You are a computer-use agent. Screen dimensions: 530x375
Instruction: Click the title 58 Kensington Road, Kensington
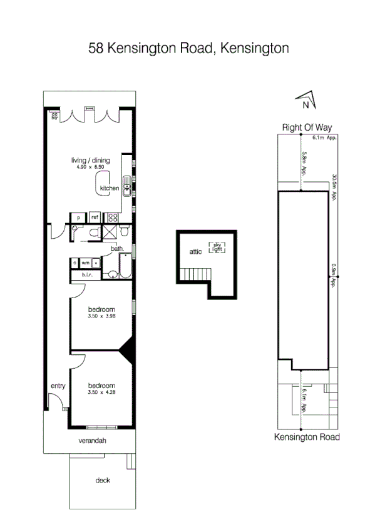188,48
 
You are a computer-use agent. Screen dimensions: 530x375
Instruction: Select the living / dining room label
90,161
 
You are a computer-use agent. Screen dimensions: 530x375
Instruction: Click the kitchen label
110,188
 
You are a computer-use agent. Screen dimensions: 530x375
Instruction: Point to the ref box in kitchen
95,217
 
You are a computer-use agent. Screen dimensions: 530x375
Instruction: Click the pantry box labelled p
78,217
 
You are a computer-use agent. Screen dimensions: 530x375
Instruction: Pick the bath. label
118,249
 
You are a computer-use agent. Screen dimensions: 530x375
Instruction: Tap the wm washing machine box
86,262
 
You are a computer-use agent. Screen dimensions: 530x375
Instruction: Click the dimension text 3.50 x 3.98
102,317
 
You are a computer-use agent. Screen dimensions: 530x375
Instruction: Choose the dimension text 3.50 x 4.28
102,392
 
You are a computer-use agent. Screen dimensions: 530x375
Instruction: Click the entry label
58,386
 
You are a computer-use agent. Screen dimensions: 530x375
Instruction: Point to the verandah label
92,441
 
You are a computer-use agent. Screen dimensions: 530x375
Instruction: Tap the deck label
103,480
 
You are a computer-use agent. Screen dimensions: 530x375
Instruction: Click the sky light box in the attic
217,247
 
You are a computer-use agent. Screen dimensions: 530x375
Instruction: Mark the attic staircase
196,273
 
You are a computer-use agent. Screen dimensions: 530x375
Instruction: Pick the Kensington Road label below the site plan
307,437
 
